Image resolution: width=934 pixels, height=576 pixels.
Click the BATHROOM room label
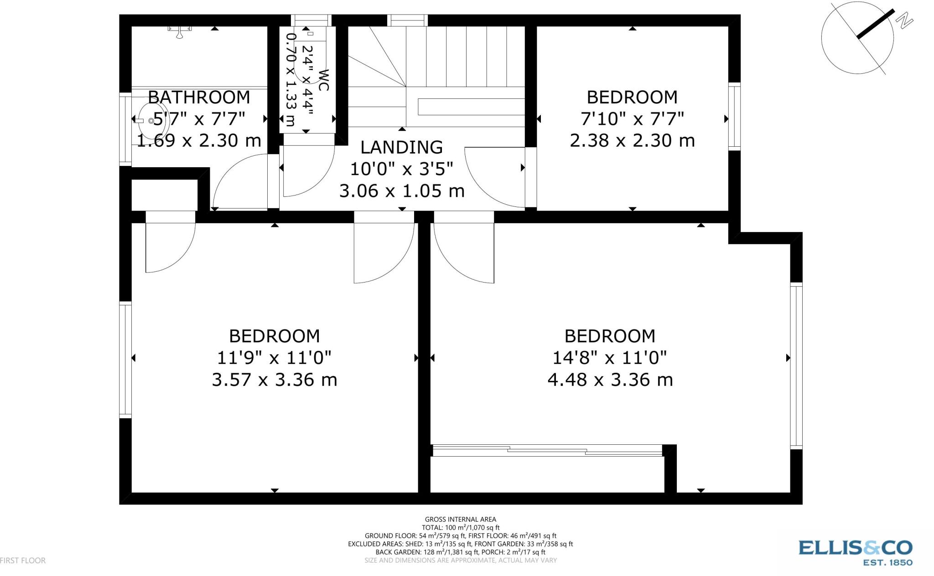(199, 97)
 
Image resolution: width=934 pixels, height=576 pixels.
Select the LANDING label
(401, 147)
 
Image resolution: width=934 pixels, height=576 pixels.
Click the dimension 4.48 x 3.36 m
(610, 380)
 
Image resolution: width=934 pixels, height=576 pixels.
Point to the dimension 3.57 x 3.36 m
(274, 380)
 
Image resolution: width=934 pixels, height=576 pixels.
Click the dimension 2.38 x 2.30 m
(632, 140)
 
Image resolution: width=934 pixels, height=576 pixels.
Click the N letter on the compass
(904, 21)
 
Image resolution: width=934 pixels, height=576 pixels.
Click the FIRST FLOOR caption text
(23, 561)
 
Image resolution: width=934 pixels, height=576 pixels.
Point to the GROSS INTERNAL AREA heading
(460, 519)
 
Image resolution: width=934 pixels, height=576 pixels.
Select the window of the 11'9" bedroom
(125, 360)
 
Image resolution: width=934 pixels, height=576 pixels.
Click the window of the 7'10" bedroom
(734, 116)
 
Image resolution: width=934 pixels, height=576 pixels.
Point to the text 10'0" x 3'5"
(401, 169)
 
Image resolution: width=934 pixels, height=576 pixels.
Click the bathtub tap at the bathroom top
(181, 31)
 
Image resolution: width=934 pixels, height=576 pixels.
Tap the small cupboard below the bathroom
(164, 195)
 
